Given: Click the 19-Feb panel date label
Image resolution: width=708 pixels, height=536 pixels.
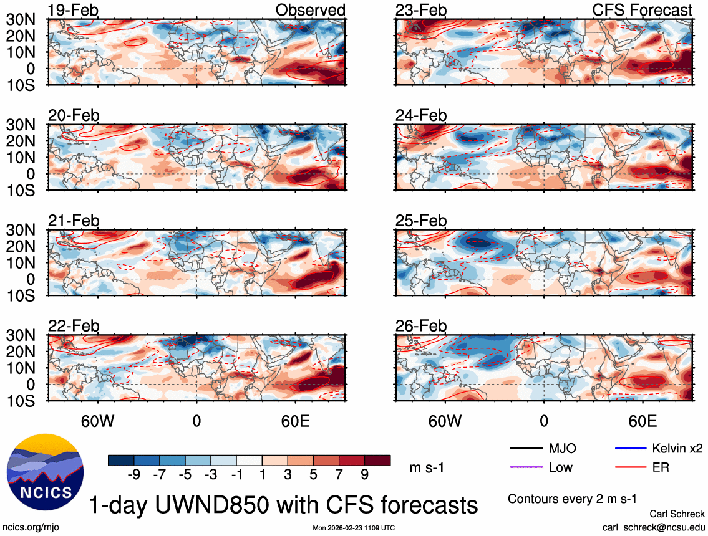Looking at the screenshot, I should (74, 11).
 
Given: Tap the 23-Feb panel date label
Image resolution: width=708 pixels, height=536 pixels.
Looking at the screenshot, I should (421, 11).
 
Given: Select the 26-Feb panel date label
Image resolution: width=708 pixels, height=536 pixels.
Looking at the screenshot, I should (421, 326).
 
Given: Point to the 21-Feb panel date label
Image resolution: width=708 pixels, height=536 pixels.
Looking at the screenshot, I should (74, 221).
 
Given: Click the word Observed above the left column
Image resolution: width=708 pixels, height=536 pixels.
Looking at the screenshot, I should (310, 11).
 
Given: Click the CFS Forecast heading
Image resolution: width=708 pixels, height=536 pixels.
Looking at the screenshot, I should (643, 11).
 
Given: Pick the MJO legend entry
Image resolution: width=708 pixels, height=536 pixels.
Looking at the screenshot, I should (562, 448).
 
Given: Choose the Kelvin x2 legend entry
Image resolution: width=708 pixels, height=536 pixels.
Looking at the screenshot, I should (678, 448).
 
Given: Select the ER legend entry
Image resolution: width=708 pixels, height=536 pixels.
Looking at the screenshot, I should (661, 467).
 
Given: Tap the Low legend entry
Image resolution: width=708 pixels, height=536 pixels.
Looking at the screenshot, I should (560, 467).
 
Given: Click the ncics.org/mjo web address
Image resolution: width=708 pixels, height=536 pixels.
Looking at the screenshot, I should (29, 527).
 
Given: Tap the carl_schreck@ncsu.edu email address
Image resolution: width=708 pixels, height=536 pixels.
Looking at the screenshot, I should (653, 527).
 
